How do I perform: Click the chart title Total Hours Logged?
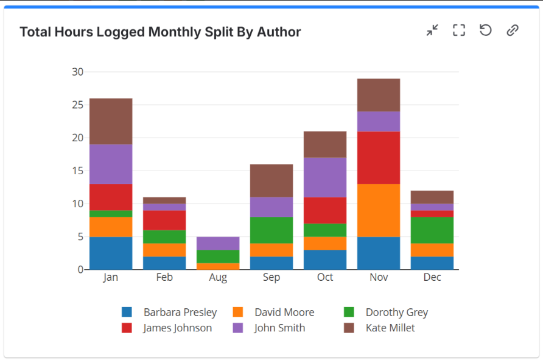[x=160, y=32]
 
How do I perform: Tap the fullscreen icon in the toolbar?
[x=459, y=30]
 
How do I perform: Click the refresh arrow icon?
[x=485, y=30]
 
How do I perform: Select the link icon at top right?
[x=513, y=30]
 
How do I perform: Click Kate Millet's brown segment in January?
[x=111, y=121]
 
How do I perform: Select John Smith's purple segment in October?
[x=325, y=177]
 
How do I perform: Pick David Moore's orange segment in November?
[x=379, y=210]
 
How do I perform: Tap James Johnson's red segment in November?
[x=379, y=158]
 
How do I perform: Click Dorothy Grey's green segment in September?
[x=271, y=230]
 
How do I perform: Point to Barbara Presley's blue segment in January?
[x=111, y=253]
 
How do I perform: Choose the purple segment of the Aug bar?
[x=218, y=243]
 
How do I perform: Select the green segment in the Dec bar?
[x=432, y=230]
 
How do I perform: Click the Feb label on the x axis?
[x=164, y=278]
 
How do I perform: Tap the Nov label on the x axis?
[x=379, y=278]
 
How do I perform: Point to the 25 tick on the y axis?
[x=77, y=105]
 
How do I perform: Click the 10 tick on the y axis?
[x=77, y=203]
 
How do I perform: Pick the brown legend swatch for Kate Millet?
[x=349, y=328]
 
